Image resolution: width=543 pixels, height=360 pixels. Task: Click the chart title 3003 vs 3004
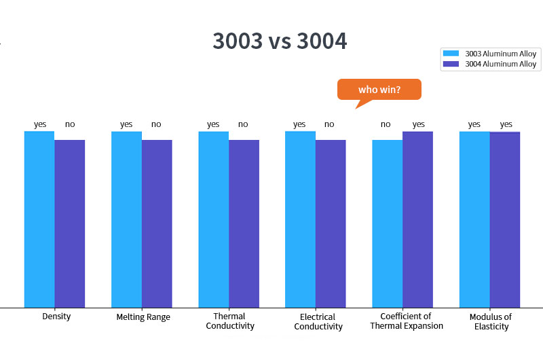click(x=280, y=41)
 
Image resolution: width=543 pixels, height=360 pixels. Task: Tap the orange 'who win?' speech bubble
click(x=379, y=90)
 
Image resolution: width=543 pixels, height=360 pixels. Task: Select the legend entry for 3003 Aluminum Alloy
click(x=489, y=54)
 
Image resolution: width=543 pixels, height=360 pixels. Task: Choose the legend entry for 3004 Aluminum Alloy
click(x=489, y=65)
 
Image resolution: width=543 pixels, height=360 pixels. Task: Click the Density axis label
click(x=56, y=317)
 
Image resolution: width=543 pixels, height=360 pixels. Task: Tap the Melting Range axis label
click(x=143, y=317)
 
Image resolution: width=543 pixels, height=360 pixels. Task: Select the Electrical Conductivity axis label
click(x=318, y=321)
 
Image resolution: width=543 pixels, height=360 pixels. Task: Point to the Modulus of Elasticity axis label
click(x=490, y=321)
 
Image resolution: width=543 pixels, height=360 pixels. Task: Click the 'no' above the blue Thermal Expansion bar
click(x=386, y=124)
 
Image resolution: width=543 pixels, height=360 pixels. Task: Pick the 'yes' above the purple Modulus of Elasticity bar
click(x=506, y=124)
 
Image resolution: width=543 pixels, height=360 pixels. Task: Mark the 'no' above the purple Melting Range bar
click(x=156, y=124)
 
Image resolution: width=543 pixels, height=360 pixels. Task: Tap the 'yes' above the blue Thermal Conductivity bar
click(x=213, y=124)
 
